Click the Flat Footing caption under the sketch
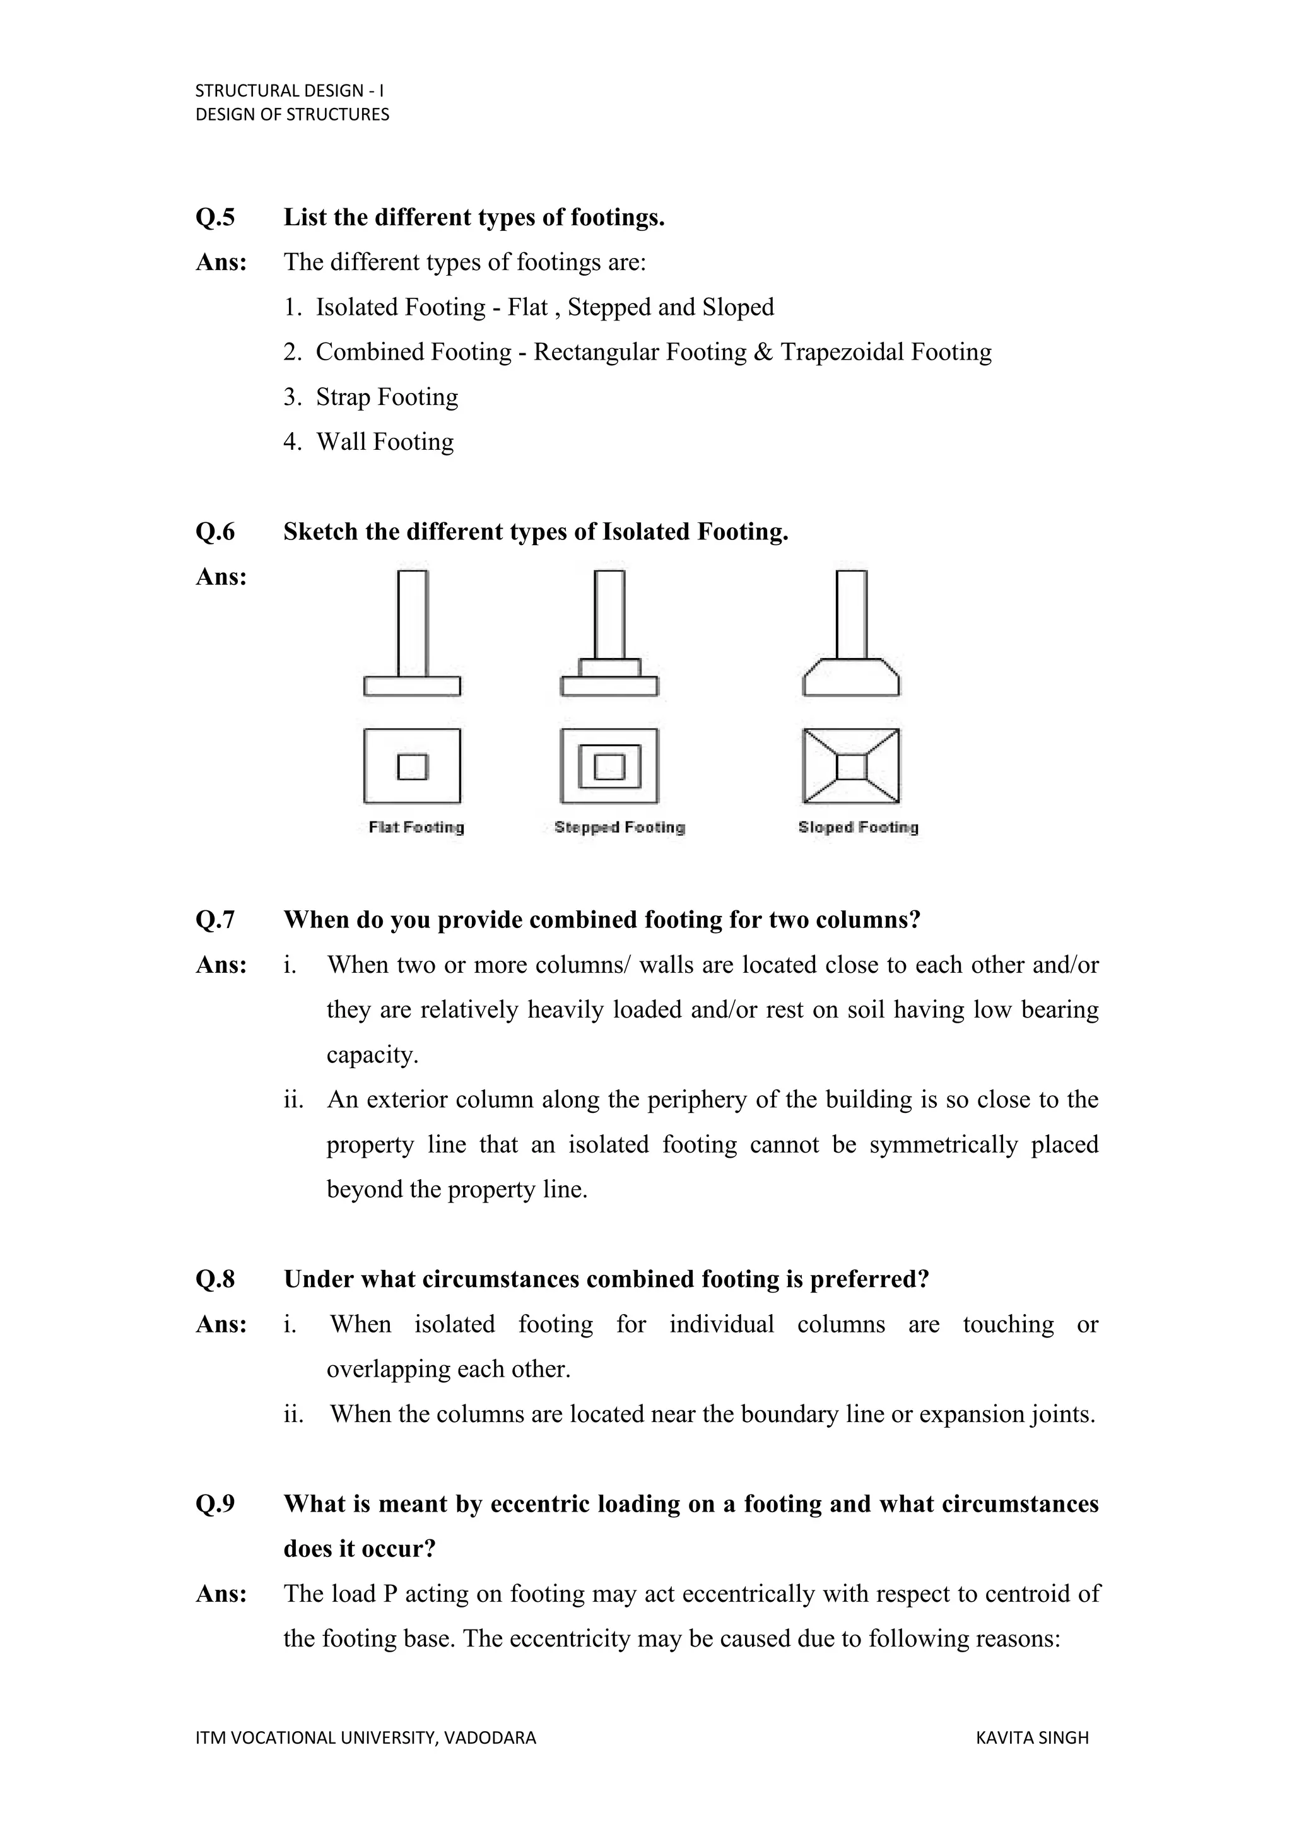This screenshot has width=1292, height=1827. pos(416,827)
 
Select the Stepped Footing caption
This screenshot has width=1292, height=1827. pos(619,827)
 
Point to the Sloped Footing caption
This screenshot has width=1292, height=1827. pos(857,827)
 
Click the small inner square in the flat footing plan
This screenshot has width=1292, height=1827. pos(412,767)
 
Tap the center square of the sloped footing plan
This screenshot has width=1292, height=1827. pos(851,767)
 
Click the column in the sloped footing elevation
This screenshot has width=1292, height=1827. pos(851,614)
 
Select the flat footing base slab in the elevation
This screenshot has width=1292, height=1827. pos(412,685)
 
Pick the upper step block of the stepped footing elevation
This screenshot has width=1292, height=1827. pos(609,667)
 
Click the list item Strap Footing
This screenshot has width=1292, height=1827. pos(387,396)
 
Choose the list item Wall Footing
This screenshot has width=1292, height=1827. pos(385,442)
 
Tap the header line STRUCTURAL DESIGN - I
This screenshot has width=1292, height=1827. pos(290,91)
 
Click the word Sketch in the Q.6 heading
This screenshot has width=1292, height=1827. pos(320,532)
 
